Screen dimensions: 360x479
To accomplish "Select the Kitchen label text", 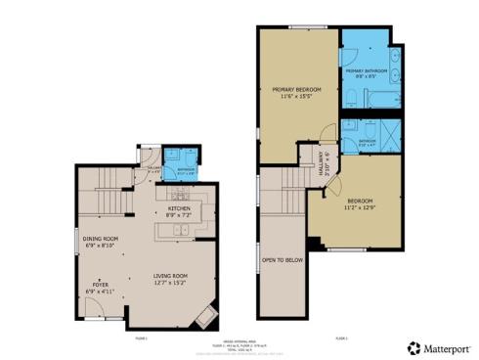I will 179,210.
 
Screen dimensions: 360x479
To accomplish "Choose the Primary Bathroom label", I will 367,72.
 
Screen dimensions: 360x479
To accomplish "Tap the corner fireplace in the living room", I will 206,315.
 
